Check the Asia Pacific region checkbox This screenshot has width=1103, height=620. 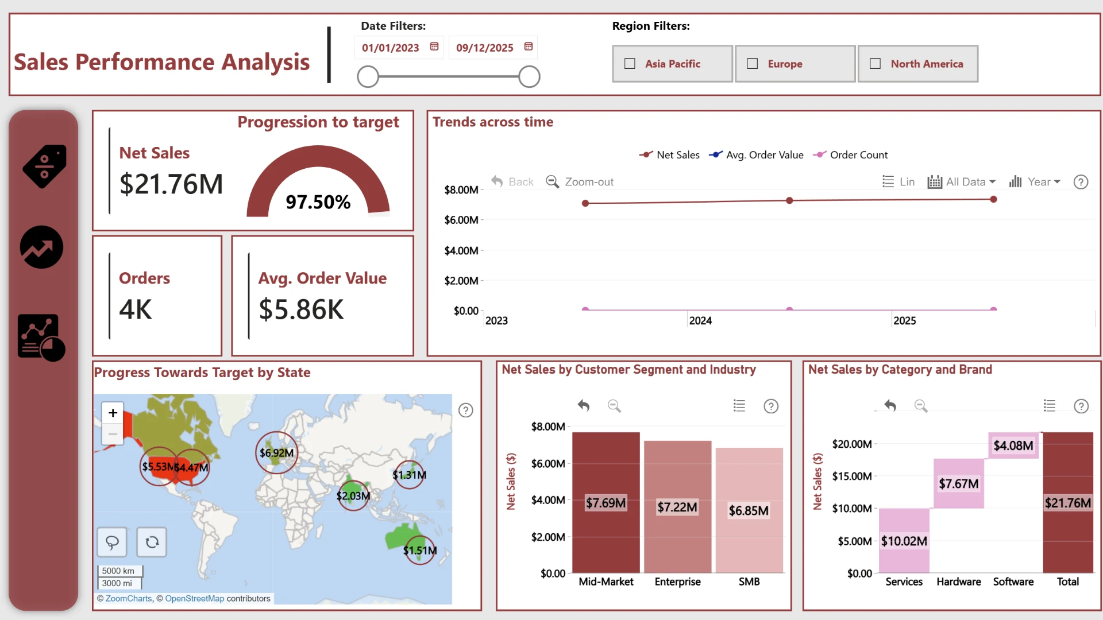(x=630, y=64)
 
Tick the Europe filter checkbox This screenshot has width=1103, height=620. (x=752, y=64)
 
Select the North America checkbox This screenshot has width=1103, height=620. (x=875, y=64)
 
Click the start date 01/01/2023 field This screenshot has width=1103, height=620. (x=391, y=48)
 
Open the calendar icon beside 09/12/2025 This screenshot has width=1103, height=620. (x=529, y=46)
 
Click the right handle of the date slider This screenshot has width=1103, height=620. (x=529, y=76)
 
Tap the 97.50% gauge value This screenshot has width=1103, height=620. (x=318, y=202)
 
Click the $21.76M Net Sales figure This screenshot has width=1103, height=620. (x=171, y=184)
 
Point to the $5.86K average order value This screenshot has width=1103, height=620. (x=301, y=309)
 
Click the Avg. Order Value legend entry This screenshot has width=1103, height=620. (x=756, y=155)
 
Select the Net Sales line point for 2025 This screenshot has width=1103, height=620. (x=993, y=199)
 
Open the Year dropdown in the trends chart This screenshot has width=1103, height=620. (x=1035, y=182)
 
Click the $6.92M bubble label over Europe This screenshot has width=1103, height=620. (x=276, y=453)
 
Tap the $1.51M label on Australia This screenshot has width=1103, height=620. (x=420, y=551)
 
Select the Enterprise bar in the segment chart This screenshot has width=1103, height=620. (x=677, y=507)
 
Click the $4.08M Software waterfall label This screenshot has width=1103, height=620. (x=1013, y=445)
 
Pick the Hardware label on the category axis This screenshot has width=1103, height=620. (x=959, y=582)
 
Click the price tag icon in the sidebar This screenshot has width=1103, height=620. (x=44, y=166)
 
